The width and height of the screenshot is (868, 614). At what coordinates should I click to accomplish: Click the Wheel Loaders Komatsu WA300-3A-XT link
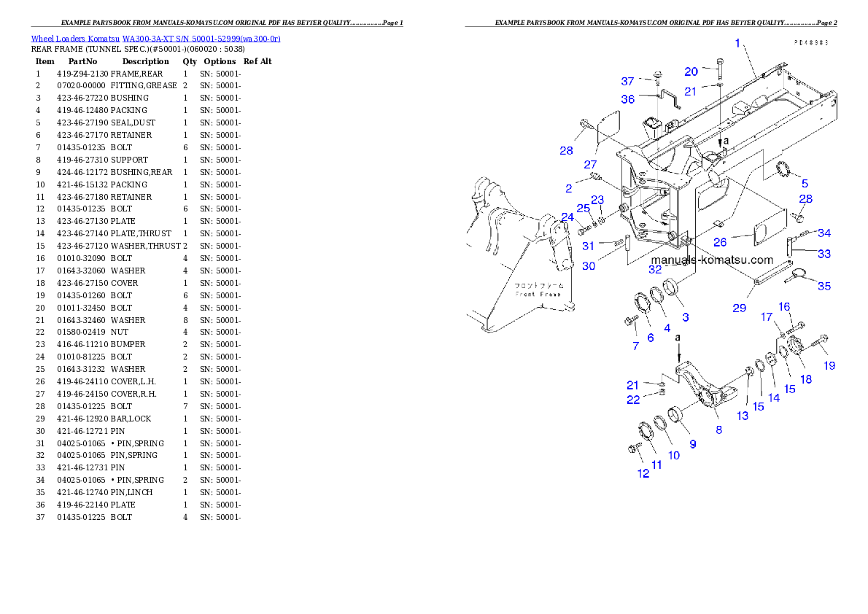tap(155, 39)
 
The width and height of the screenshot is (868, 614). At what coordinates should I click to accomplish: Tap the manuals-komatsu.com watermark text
tap(711, 260)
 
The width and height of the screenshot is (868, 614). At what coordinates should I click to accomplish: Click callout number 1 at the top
tap(737, 44)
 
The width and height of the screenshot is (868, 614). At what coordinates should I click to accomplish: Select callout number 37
tap(627, 81)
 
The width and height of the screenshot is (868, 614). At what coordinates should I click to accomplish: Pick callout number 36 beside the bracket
tap(627, 99)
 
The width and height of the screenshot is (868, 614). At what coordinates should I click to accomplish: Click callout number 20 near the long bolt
tap(691, 71)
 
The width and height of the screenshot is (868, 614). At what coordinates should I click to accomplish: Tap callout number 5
tap(805, 184)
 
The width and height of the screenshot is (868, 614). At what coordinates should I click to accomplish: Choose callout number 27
tap(589, 166)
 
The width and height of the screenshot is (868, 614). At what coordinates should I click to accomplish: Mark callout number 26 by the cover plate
tap(719, 242)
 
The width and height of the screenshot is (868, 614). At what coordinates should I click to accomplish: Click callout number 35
tap(824, 287)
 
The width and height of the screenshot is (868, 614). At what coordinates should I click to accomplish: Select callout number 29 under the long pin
tap(740, 308)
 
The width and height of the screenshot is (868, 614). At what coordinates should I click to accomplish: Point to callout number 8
tap(718, 430)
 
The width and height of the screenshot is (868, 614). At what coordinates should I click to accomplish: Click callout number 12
tap(643, 473)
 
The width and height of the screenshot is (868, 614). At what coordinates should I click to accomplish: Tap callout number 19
tap(829, 366)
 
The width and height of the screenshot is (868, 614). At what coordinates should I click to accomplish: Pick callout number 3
tap(685, 317)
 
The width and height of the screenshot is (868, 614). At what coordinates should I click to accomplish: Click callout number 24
tap(567, 217)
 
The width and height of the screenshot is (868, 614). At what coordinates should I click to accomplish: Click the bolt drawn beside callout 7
tap(629, 320)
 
